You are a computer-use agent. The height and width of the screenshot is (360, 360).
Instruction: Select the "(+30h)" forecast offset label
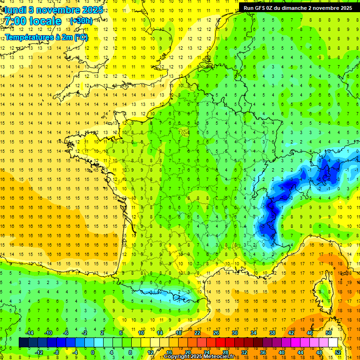[x=81, y=21]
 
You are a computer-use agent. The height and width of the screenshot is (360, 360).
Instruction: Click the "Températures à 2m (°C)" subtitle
[x=46, y=37]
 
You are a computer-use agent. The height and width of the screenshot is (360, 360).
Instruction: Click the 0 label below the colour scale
[x=93, y=352]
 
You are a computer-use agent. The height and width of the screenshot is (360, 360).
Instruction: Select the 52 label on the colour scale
[x=338, y=352]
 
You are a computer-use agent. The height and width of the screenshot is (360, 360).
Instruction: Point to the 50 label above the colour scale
[x=329, y=333]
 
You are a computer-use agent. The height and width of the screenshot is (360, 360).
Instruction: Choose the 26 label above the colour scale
[x=216, y=333]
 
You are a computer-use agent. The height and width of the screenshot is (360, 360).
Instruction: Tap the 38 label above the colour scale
[x=272, y=333]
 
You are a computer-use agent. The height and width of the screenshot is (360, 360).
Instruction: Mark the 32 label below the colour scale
[x=244, y=352]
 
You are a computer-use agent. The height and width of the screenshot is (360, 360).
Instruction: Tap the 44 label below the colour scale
[x=300, y=352]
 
